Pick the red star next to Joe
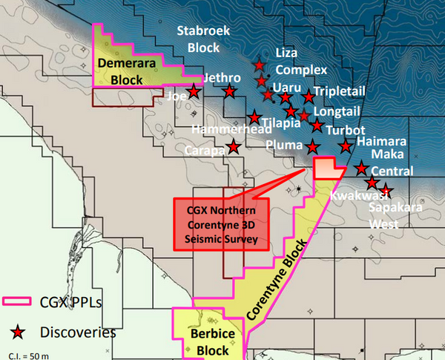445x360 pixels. [x=194, y=92]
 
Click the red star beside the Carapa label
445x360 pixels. [x=234, y=146]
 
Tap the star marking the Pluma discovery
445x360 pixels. [x=312, y=146]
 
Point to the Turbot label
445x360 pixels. [x=345, y=130]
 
